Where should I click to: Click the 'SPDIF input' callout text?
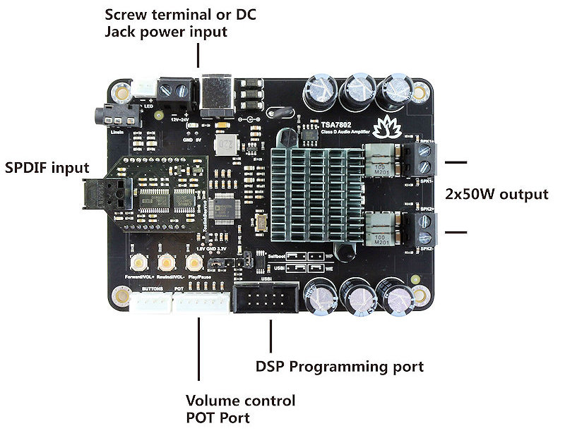[47, 168]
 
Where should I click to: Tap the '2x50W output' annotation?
[496, 194]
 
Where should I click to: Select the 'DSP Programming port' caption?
[339, 367]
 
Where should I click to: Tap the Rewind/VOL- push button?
[167, 262]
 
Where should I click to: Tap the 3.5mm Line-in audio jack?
[106, 113]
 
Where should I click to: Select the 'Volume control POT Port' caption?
[239, 409]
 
